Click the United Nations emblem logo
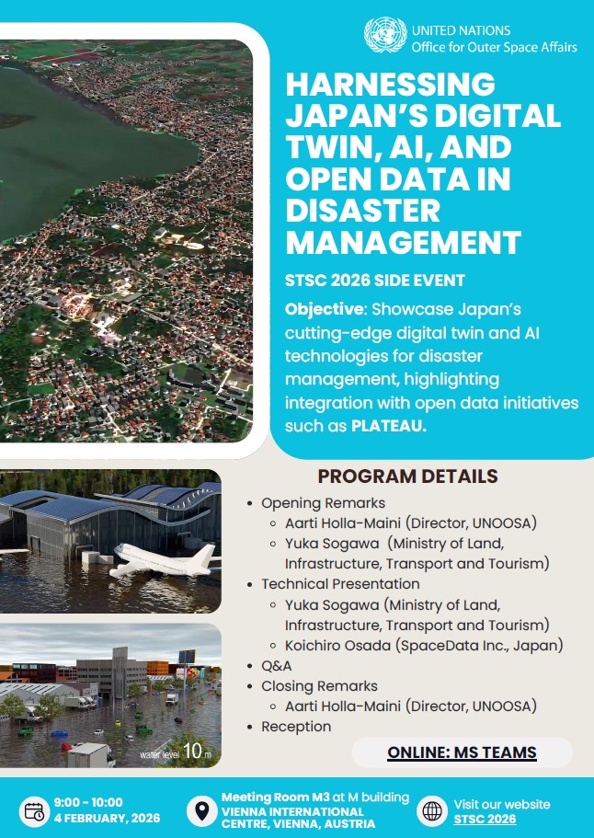[x=384, y=38]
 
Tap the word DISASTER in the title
[x=363, y=212]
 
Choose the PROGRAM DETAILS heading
[x=407, y=476]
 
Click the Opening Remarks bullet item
[x=323, y=503]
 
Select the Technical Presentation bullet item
[x=340, y=584]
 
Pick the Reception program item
[x=296, y=727]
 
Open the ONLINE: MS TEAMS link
[x=462, y=753]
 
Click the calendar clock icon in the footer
[x=34, y=810]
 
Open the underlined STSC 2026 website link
[x=485, y=819]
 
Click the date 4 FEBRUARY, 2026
[x=107, y=819]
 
